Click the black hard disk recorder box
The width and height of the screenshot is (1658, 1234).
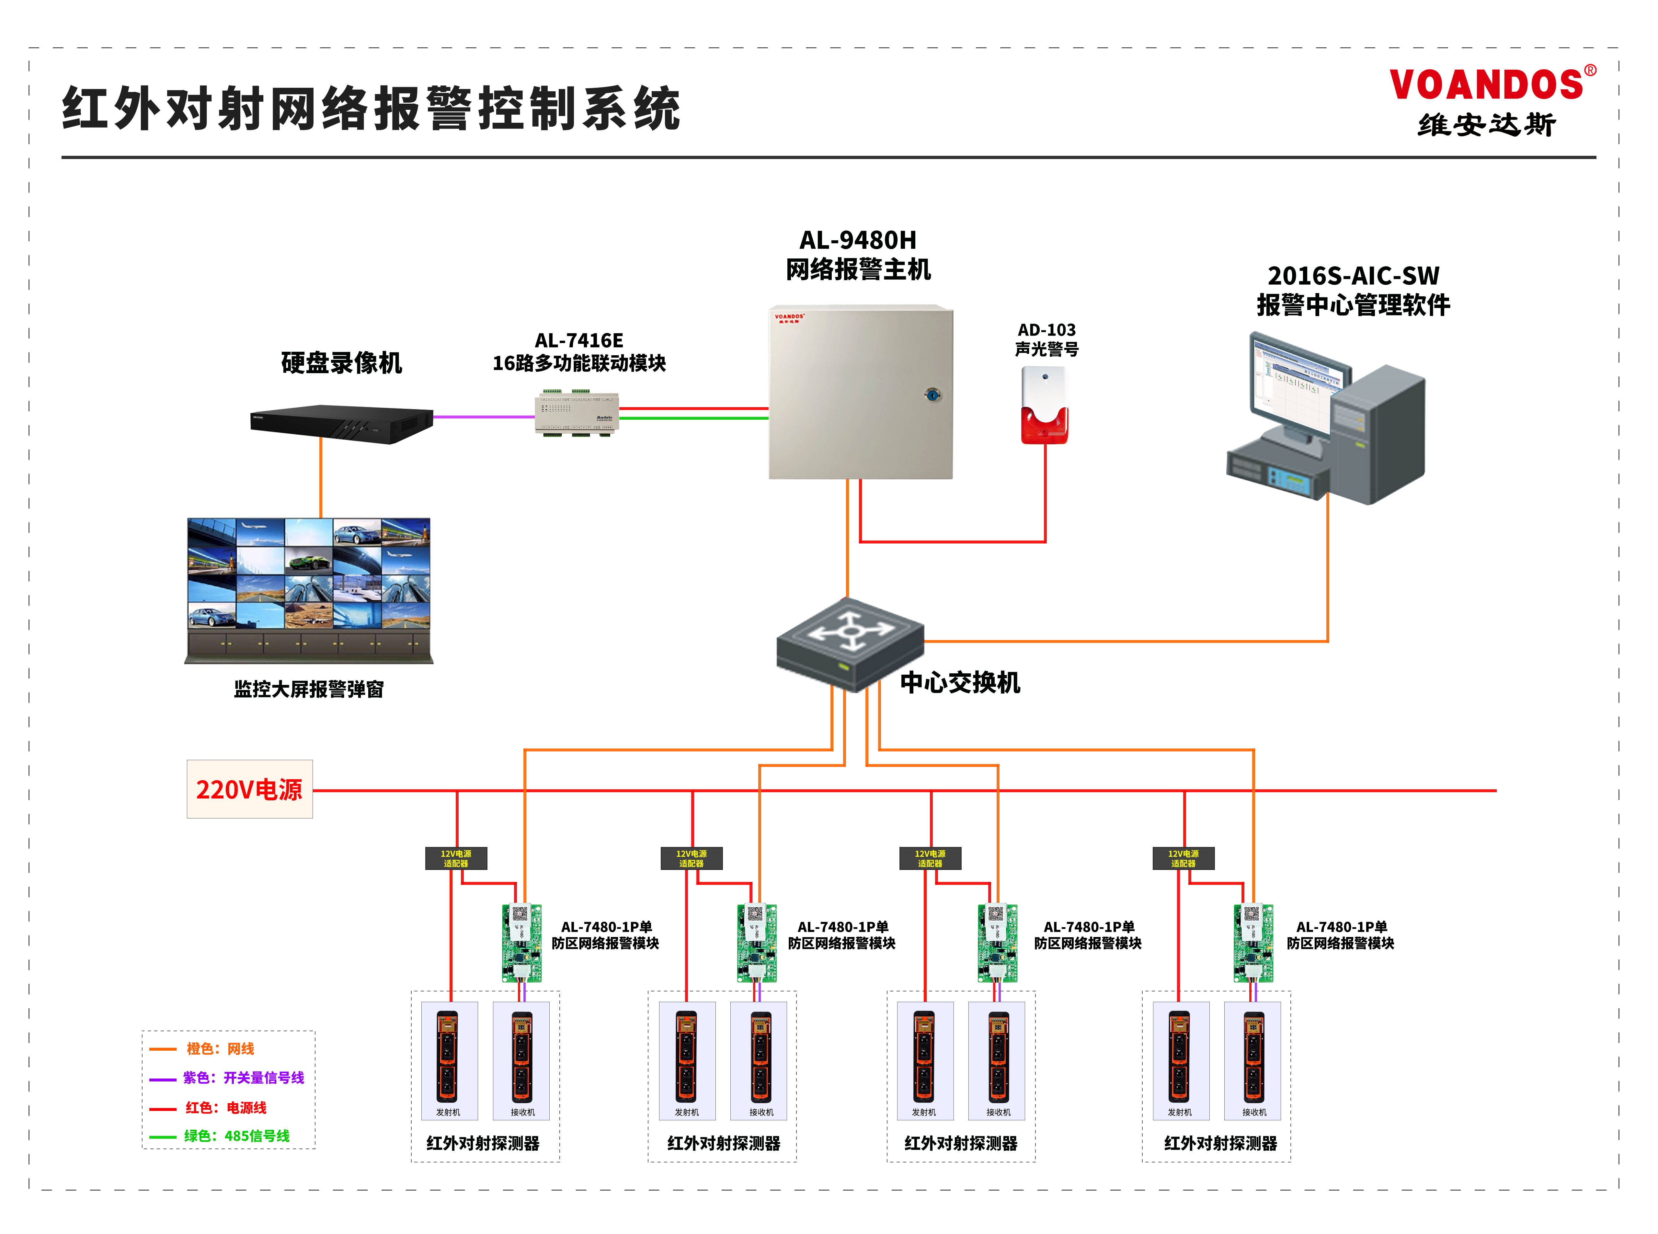click(341, 424)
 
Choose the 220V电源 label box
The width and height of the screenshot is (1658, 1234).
click(249, 790)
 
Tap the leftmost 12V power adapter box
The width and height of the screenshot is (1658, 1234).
click(456, 858)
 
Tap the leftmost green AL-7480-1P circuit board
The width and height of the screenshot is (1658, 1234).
click(521, 943)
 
